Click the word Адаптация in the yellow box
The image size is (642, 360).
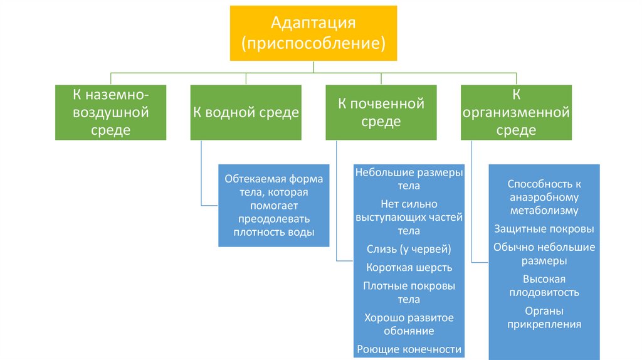coord(313,23)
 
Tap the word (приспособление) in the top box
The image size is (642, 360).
coord(313,44)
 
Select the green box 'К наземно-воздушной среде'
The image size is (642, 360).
coord(111,112)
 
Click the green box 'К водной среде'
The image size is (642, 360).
coord(246,112)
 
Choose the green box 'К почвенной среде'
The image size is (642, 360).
coord(381,112)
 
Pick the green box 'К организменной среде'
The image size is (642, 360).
coord(516,112)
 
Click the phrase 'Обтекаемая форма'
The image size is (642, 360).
coord(273,179)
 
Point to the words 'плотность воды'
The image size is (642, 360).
coord(273,233)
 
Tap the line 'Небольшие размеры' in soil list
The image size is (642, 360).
coord(409,172)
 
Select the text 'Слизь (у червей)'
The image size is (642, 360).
coord(409,249)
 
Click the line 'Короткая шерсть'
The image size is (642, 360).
coord(409,268)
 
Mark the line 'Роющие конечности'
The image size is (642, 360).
coord(409,349)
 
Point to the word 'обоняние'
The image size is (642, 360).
coord(409,331)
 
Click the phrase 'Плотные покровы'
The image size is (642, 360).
coord(409,286)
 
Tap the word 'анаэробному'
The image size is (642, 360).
coord(544,197)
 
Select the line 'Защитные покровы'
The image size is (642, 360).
coord(544,229)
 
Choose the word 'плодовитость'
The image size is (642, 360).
coord(544,292)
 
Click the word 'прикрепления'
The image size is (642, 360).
coord(544,324)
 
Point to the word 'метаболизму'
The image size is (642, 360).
coord(544,211)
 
